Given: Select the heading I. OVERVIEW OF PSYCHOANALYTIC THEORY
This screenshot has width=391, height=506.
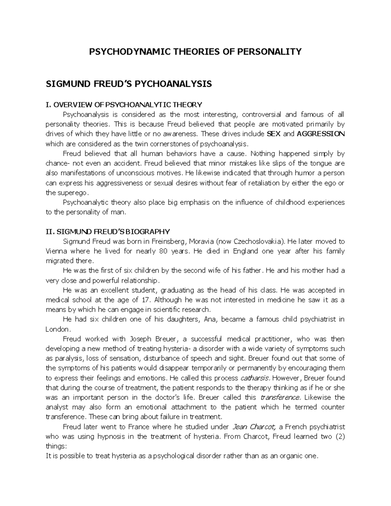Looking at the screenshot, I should coord(124,105).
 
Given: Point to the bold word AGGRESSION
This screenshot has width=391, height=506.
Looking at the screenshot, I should coord(321,134).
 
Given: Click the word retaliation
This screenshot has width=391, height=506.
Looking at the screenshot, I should coord(264,183).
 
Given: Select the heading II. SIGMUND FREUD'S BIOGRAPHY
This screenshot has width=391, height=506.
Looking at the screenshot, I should coord(108,232).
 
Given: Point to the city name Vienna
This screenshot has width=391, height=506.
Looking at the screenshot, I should coord(56,251).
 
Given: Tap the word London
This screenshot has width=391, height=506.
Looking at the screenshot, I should coord(57,329).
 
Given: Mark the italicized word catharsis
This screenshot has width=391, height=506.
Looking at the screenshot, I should coord(255,378).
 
